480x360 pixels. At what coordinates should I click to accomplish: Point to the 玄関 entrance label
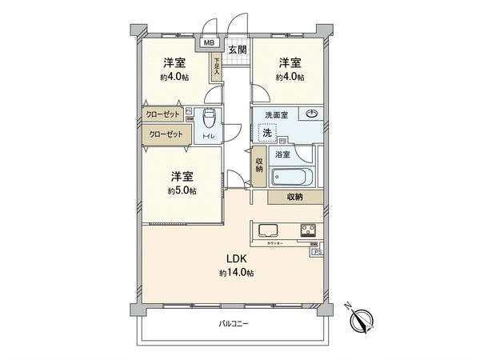237,50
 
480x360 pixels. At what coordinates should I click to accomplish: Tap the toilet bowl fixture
210,118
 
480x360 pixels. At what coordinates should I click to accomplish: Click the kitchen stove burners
309,230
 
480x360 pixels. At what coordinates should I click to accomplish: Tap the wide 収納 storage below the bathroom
295,197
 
